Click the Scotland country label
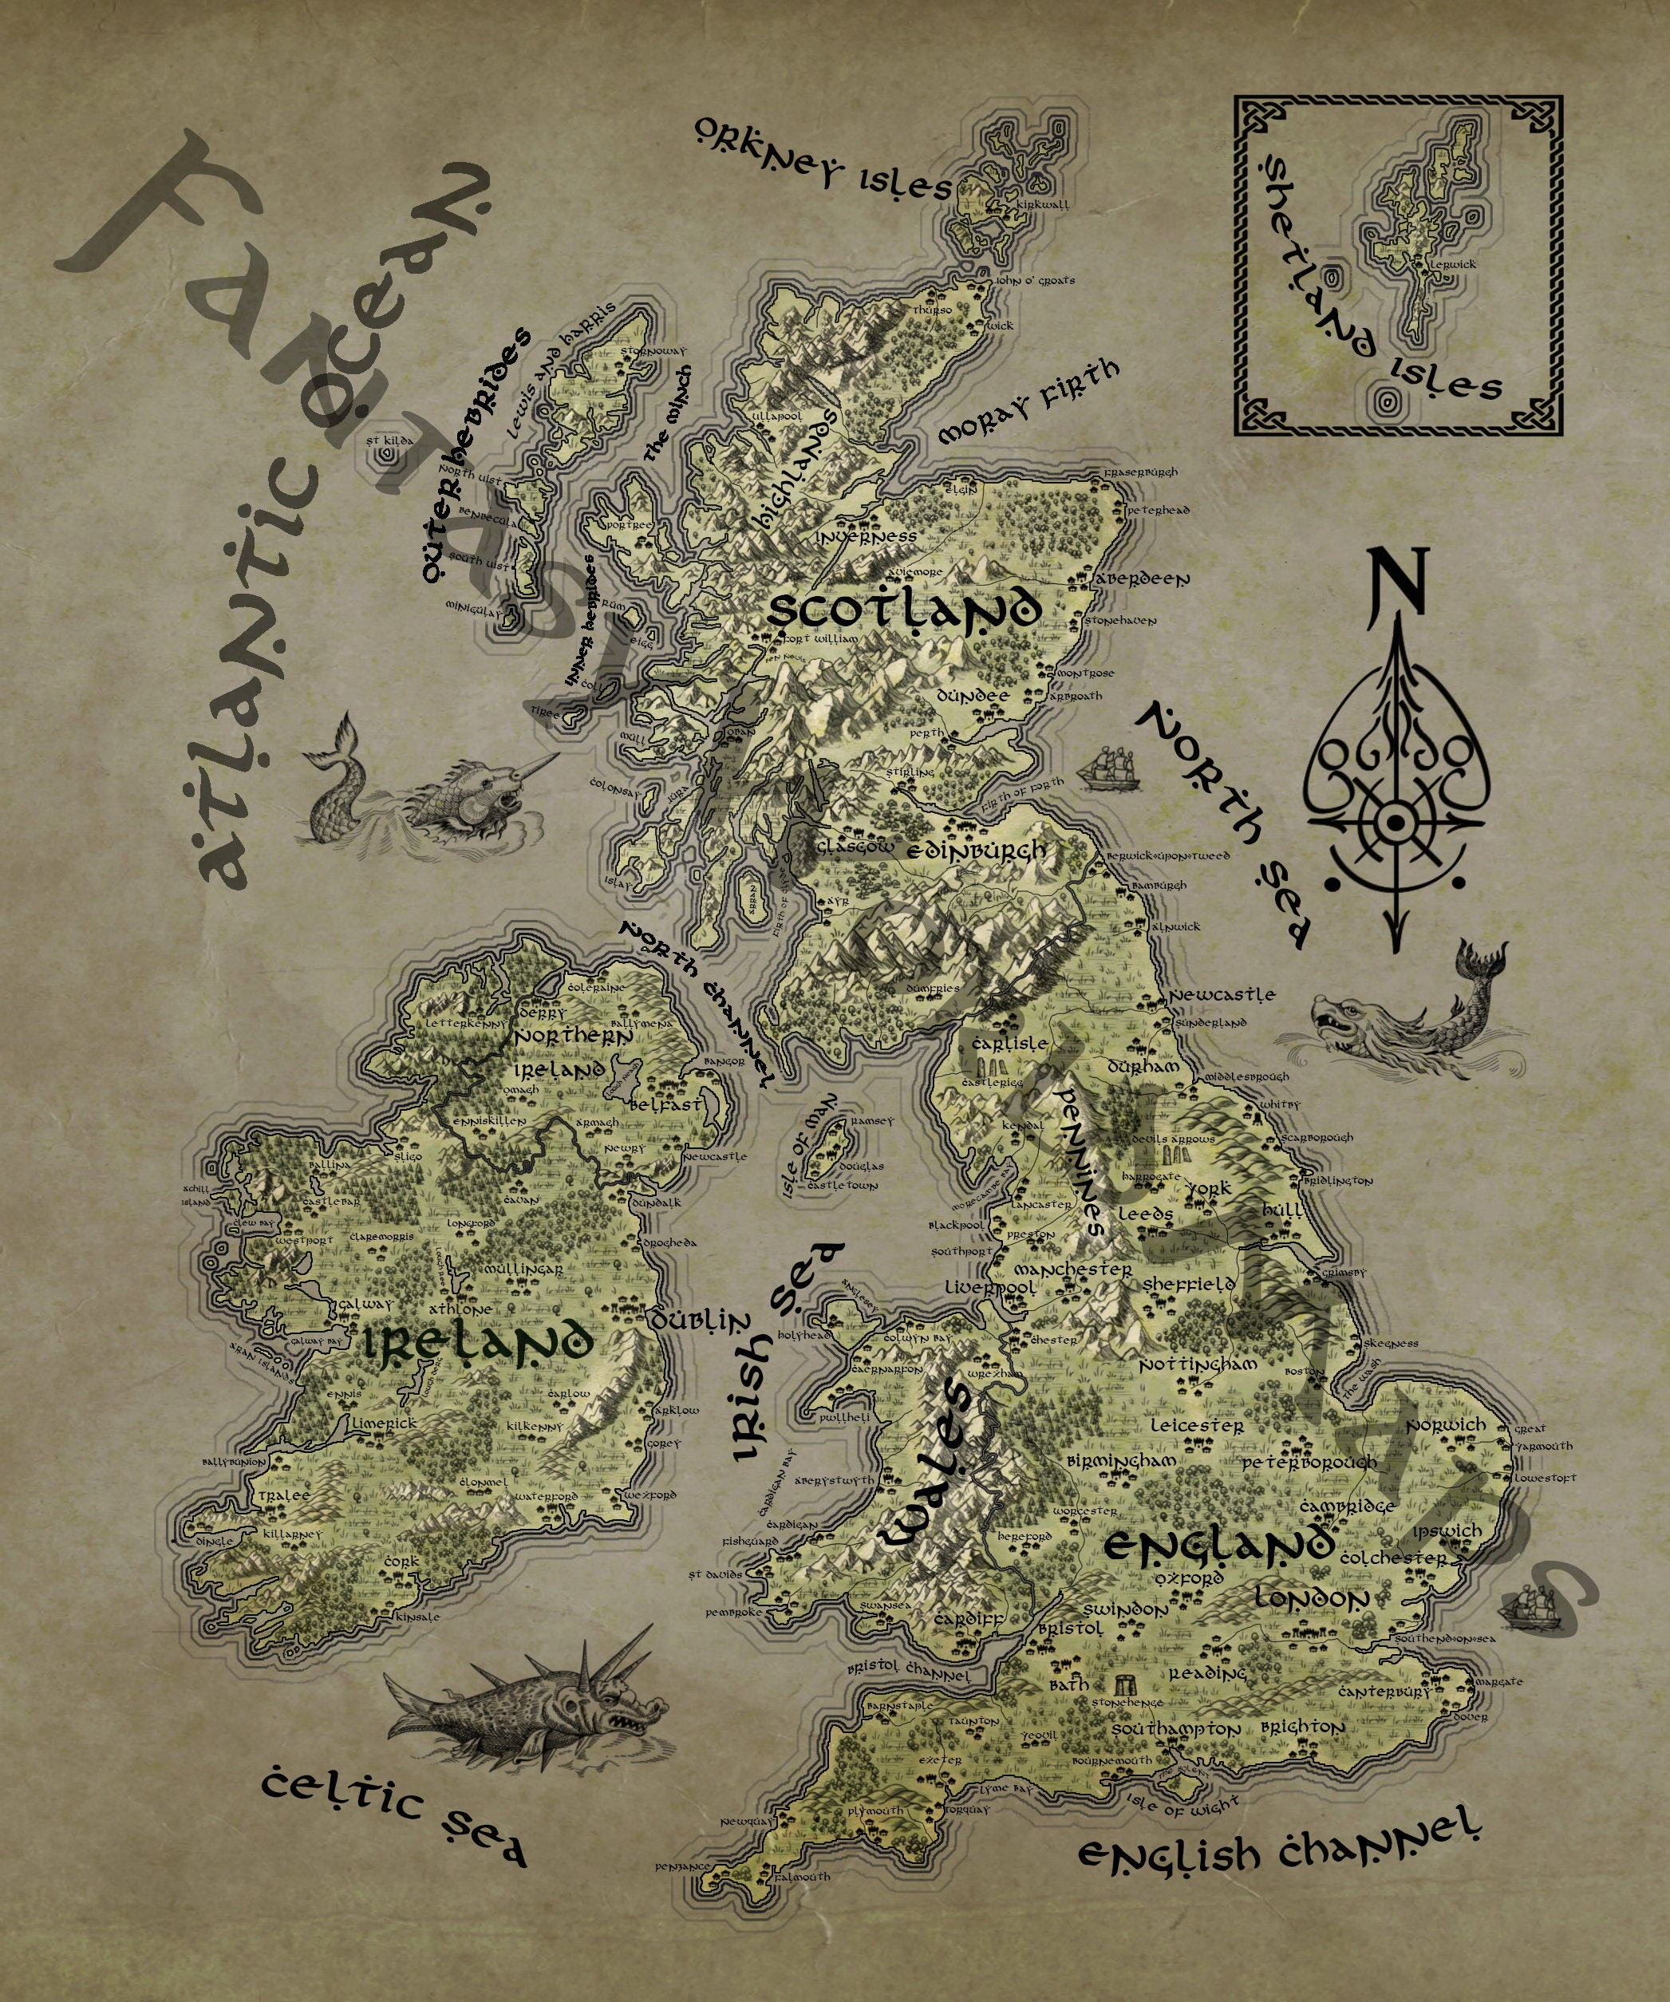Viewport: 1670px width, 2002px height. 901,610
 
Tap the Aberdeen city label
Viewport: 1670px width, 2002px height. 1143,578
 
